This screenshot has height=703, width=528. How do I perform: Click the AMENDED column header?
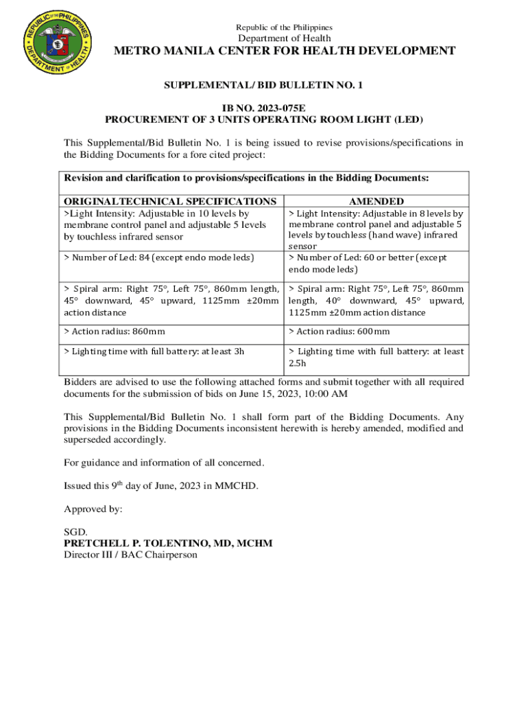click(x=376, y=201)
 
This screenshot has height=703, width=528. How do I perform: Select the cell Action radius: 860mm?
click(x=115, y=332)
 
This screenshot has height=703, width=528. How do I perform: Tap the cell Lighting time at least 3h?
click(x=154, y=351)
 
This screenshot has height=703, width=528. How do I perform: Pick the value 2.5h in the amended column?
click(x=298, y=362)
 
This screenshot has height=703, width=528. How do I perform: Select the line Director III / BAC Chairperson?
click(x=130, y=554)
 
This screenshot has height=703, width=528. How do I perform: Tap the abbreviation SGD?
click(x=75, y=532)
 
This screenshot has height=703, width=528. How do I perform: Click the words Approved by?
click(x=93, y=509)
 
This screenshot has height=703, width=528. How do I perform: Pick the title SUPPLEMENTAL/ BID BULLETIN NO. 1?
click(x=263, y=85)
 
